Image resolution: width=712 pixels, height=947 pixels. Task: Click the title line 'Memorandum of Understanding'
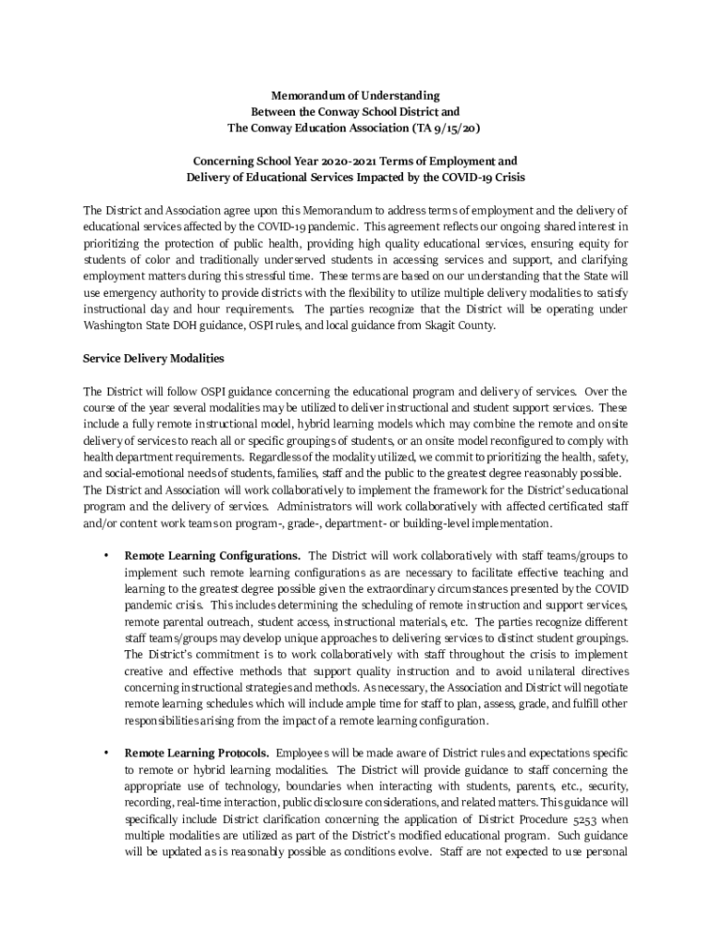coord(355,95)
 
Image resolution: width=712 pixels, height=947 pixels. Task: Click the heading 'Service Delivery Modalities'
coord(153,358)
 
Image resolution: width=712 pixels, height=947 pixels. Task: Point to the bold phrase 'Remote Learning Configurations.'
coord(212,556)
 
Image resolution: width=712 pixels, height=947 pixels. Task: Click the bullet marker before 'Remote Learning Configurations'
coord(106,556)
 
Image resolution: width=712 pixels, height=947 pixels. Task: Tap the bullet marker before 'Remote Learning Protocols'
coord(106,754)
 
